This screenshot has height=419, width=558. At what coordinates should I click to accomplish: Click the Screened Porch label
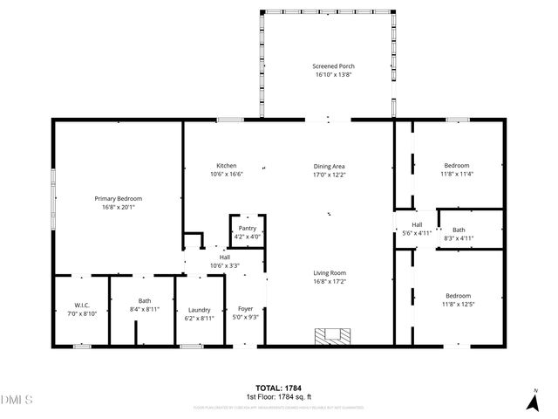(334, 66)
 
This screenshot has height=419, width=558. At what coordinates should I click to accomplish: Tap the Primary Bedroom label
(119, 199)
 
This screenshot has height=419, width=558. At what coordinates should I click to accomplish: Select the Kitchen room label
(227, 166)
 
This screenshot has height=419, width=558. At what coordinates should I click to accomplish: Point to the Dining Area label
(330, 166)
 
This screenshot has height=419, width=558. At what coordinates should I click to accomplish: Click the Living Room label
(330, 273)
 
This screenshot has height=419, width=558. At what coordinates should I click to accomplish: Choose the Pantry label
(248, 228)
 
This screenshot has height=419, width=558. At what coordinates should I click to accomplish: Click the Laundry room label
(199, 310)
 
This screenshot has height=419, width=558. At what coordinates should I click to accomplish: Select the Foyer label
(245, 310)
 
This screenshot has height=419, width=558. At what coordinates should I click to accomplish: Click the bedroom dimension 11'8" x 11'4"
(458, 173)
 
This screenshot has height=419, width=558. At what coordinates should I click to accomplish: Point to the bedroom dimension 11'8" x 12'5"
(458, 304)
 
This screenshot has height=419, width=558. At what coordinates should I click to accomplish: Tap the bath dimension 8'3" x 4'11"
(458, 237)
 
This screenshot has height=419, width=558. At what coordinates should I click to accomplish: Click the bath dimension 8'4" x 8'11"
(144, 308)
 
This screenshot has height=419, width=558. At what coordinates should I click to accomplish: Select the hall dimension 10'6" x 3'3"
(225, 264)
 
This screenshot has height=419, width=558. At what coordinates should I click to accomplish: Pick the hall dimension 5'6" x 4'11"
(417, 233)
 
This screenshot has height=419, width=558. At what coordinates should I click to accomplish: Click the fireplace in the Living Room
(331, 335)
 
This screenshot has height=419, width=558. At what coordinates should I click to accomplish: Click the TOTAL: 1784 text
(279, 388)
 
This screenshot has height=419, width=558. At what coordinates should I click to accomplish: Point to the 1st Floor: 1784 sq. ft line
(279, 396)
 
